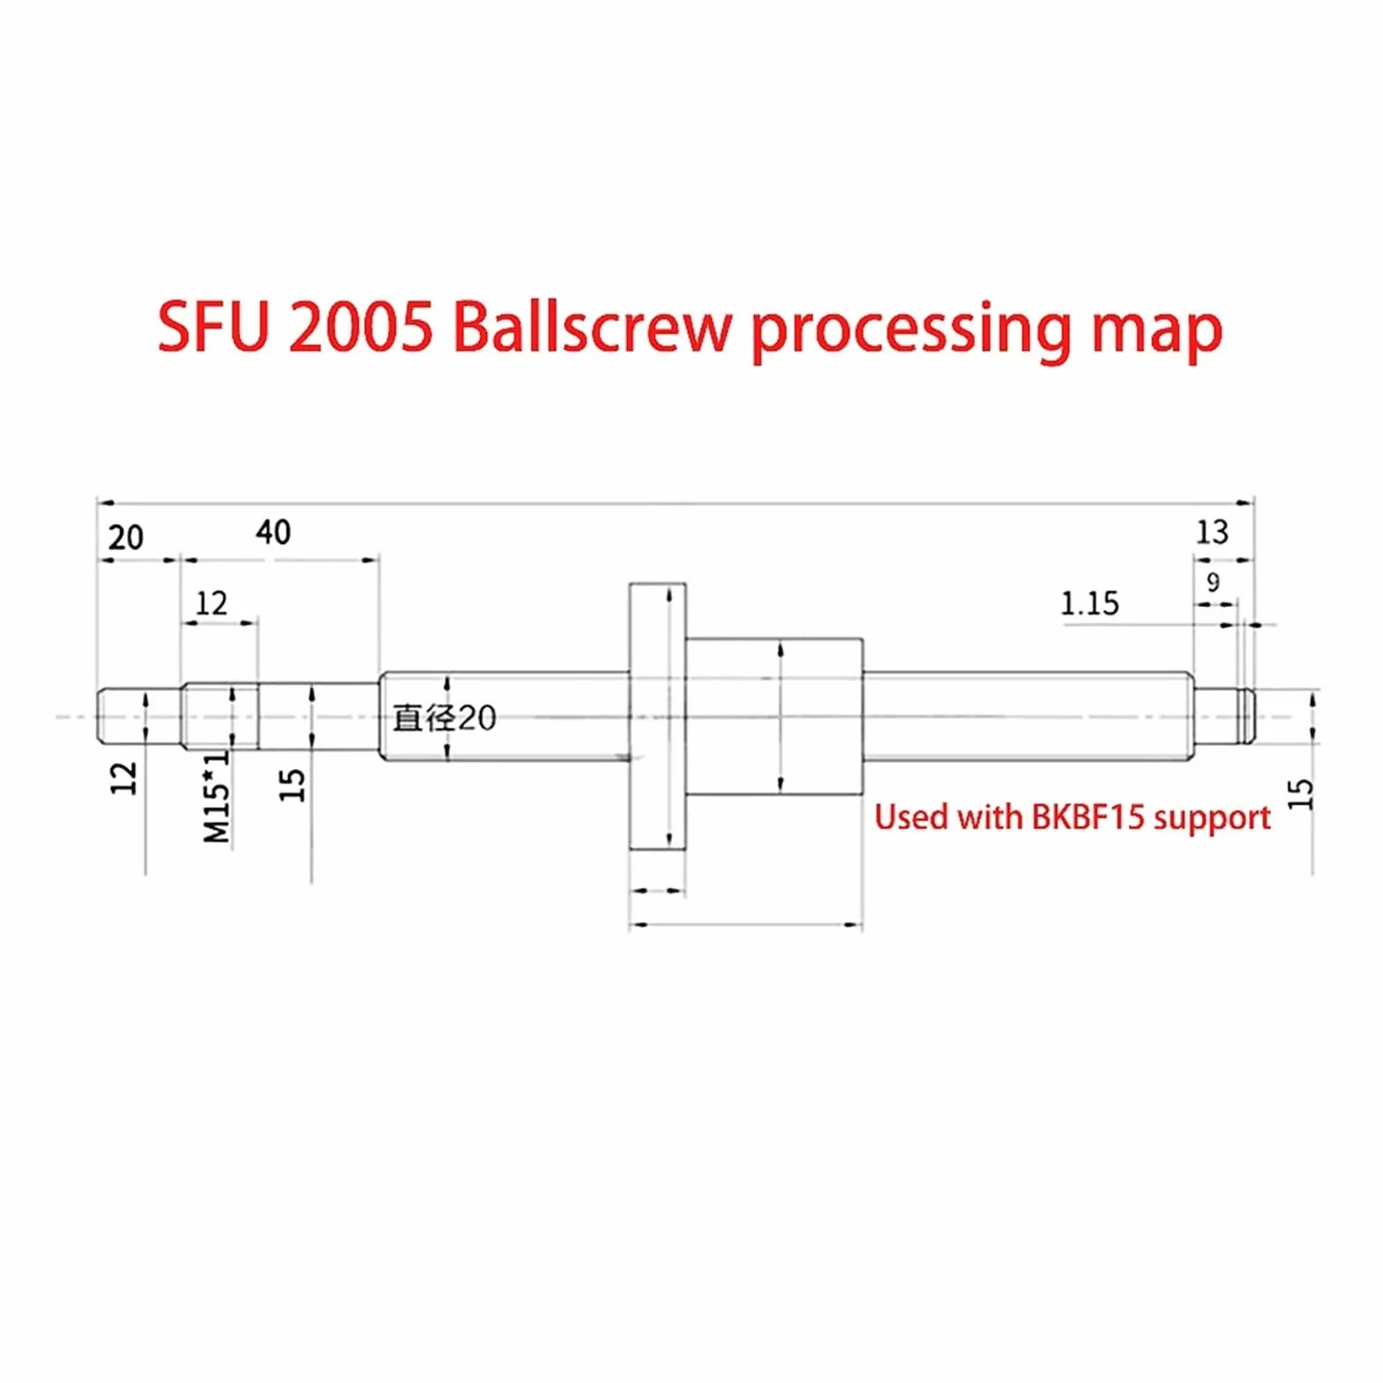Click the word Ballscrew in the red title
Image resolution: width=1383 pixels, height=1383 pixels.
[593, 327]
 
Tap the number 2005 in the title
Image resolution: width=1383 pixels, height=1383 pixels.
[360, 328]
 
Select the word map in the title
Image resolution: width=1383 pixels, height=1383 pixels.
[1156, 333]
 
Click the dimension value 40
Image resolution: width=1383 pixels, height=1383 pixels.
[273, 532]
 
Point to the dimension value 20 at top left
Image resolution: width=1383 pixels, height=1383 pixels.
[125, 537]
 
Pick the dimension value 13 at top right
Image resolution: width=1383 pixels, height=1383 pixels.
[1212, 532]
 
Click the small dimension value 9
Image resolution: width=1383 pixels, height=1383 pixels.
[1214, 582]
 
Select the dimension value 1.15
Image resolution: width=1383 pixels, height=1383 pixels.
[1089, 604]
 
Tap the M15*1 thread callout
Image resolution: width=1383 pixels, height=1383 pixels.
[216, 796]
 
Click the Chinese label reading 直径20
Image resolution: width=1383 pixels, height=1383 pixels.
[445, 718]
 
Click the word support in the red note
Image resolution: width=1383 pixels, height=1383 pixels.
[1212, 819]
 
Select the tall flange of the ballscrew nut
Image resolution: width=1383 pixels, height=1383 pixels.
[657, 716]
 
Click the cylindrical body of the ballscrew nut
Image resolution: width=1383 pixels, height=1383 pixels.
[774, 716]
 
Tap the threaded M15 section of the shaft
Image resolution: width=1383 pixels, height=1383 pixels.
[221, 716]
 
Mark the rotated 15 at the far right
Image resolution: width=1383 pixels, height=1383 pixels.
[1300, 794]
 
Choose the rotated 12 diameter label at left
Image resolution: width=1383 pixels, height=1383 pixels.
[124, 778]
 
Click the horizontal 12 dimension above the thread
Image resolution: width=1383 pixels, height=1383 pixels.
[212, 603]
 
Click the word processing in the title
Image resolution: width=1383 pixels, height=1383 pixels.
[912, 333]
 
